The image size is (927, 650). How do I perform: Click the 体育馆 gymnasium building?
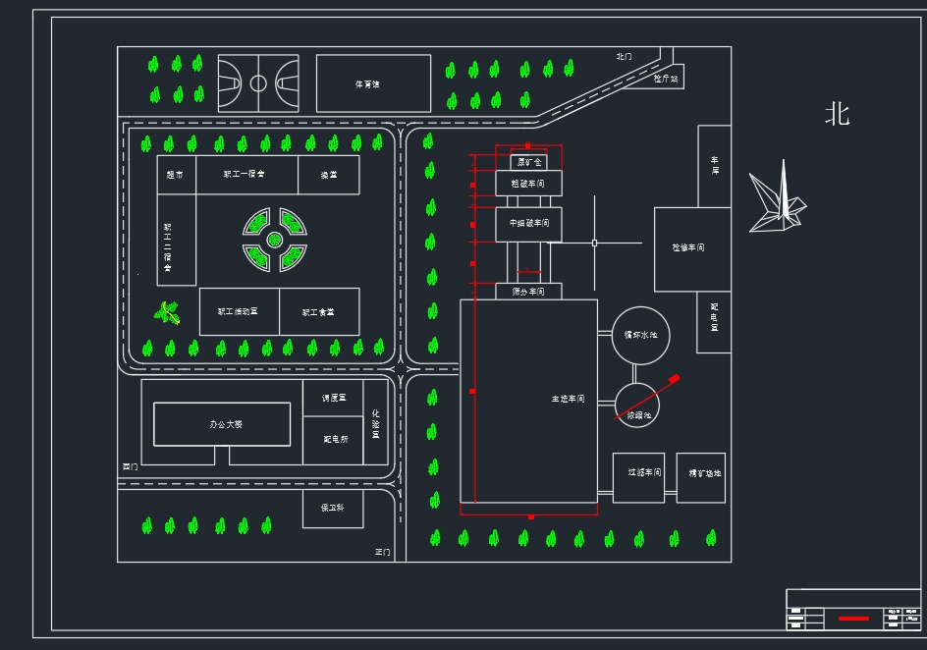coord(373,83)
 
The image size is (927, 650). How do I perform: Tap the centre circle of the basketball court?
coord(258,83)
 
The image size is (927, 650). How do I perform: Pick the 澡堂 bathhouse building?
coord(328,175)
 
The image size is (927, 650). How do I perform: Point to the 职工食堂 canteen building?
coord(319,311)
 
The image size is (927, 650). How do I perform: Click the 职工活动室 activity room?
coord(239,311)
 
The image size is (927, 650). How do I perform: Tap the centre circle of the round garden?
coord(275,239)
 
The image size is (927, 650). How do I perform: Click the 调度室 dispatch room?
coord(333,398)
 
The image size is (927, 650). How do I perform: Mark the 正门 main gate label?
coord(382,552)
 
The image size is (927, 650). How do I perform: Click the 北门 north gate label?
coord(625,57)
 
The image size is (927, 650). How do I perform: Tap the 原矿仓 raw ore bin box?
coord(529,163)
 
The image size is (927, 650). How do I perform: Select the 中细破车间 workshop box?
coord(529,224)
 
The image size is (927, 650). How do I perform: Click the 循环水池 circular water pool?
coord(641,335)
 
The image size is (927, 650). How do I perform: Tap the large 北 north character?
coord(837,115)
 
